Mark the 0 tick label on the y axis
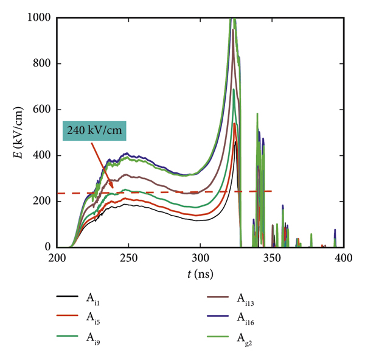click(47, 247)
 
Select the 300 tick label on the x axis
click(200, 258)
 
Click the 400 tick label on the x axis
click(344, 258)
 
